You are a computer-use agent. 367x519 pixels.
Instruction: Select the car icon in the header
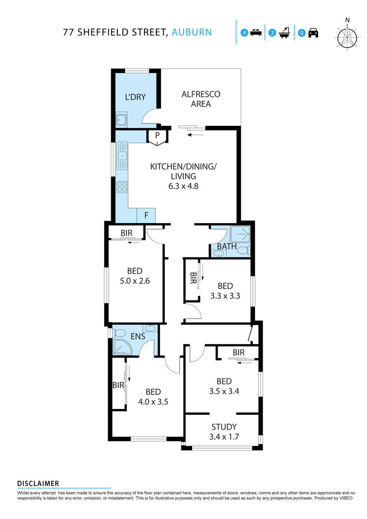click(x=313, y=32)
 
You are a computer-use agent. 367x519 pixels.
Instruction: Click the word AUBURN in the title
click(x=192, y=32)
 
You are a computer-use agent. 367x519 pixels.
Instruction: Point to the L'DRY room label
click(x=135, y=97)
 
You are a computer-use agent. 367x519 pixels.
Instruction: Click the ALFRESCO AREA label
click(x=201, y=99)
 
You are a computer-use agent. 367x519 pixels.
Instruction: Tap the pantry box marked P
click(x=158, y=135)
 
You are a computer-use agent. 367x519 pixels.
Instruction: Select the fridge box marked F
click(x=146, y=215)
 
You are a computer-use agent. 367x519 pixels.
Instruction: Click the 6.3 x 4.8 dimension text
click(x=183, y=186)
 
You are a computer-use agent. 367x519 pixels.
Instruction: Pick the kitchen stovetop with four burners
click(x=122, y=186)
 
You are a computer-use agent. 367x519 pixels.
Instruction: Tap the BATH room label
click(x=227, y=247)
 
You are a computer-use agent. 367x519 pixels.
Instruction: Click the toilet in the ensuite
click(x=118, y=333)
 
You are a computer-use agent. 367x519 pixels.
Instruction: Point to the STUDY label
click(x=224, y=427)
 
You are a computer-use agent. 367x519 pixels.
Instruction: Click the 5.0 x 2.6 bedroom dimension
click(x=135, y=281)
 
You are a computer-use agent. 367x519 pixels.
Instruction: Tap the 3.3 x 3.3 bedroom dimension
click(x=225, y=296)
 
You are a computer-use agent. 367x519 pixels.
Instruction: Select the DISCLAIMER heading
click(x=38, y=484)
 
